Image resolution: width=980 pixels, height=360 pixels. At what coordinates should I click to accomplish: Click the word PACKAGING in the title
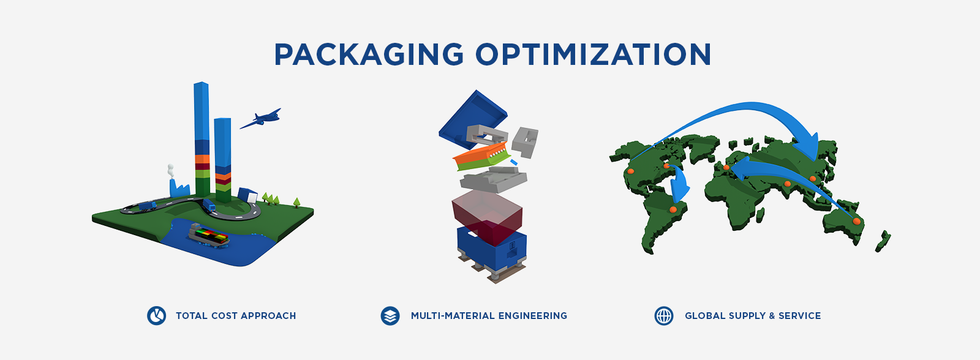(x=369, y=54)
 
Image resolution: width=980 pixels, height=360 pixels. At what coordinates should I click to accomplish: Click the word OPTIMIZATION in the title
(x=594, y=54)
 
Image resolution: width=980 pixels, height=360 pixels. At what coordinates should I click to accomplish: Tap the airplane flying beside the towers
(x=261, y=119)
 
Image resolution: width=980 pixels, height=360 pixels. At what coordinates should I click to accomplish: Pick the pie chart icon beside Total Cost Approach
(x=156, y=315)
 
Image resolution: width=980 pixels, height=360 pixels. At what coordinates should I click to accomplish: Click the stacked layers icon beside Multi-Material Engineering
(x=390, y=315)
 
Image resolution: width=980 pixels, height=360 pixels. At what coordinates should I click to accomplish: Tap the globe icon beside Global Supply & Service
(x=664, y=315)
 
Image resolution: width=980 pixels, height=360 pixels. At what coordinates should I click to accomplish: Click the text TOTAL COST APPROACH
(x=236, y=316)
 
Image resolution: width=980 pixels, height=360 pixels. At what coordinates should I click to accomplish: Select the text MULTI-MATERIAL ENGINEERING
(x=489, y=316)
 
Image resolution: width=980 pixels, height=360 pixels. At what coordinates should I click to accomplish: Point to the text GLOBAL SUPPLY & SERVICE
(x=753, y=316)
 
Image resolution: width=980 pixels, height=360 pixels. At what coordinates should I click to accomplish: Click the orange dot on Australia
(x=857, y=222)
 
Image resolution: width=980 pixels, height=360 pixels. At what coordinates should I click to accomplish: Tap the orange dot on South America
(x=673, y=210)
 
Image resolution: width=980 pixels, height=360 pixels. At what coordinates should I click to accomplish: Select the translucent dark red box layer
(x=487, y=217)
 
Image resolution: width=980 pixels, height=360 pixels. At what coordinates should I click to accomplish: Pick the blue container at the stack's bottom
(x=492, y=247)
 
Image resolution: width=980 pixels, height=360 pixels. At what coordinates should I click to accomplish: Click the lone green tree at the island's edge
(x=296, y=202)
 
